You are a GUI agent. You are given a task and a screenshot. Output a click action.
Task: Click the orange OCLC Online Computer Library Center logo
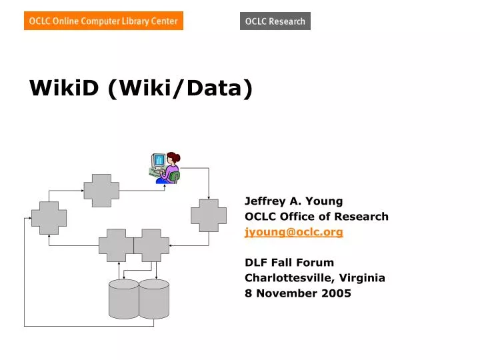tap(103, 21)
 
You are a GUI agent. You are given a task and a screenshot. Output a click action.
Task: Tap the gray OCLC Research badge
tap(275, 21)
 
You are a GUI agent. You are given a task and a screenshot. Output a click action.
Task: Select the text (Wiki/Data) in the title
tap(180, 87)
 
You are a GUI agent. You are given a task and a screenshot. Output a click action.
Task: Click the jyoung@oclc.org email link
tap(294, 232)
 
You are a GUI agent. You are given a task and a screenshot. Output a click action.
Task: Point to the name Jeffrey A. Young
tap(293, 201)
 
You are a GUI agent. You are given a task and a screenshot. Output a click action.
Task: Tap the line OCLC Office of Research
tap(317, 216)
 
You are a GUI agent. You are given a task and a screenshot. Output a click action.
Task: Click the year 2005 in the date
tap(337, 293)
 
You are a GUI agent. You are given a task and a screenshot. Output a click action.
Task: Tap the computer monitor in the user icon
tap(159, 161)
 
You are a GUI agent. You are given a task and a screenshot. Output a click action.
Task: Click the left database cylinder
tap(123, 298)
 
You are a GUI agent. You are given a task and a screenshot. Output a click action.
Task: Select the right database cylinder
tap(154, 298)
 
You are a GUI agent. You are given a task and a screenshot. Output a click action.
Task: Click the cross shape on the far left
tap(49, 218)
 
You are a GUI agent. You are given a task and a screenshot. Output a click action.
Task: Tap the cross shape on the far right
tap(209, 215)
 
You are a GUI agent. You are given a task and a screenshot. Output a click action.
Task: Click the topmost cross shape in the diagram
tap(101, 190)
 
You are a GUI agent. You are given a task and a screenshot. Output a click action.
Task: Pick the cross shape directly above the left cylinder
tap(117, 245)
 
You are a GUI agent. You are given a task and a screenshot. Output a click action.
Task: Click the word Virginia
tap(363, 277)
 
